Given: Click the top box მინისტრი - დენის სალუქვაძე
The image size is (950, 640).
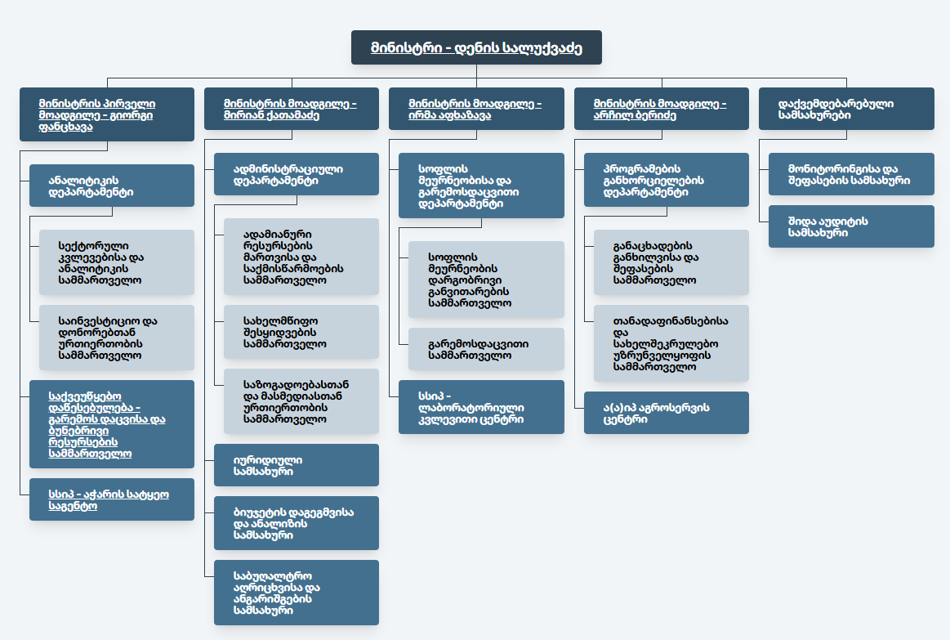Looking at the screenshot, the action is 476,47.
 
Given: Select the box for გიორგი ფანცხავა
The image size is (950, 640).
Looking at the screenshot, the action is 107,114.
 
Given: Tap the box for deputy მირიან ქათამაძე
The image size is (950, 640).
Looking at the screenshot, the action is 292,109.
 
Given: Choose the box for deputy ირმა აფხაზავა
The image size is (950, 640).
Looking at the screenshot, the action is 476,109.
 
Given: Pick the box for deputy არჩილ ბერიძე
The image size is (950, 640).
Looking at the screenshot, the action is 662,109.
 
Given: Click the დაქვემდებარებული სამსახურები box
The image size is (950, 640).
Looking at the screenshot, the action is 846,109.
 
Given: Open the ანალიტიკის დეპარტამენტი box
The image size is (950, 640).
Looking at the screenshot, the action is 112,186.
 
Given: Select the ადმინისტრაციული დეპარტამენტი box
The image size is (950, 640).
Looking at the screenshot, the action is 297,174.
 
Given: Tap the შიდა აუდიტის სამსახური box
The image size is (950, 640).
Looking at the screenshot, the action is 851,226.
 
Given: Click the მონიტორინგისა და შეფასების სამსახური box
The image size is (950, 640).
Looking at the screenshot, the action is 851,174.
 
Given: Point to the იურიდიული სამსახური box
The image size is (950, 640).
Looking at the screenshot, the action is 297,465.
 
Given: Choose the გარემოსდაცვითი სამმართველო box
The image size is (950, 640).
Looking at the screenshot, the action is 486,349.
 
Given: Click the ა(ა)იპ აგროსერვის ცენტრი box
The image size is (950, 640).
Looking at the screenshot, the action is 667,413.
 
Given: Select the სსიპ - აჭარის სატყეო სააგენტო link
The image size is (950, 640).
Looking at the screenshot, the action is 109,500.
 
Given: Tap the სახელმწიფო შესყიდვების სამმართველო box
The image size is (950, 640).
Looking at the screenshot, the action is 301,332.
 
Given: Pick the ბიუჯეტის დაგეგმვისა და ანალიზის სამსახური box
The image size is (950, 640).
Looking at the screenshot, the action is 297,523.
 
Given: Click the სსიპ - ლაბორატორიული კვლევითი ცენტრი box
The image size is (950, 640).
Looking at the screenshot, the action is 481,407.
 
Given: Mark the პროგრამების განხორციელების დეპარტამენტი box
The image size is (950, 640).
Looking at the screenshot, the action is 667,180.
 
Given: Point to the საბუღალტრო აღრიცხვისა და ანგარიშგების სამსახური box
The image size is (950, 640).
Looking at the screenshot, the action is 297,593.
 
